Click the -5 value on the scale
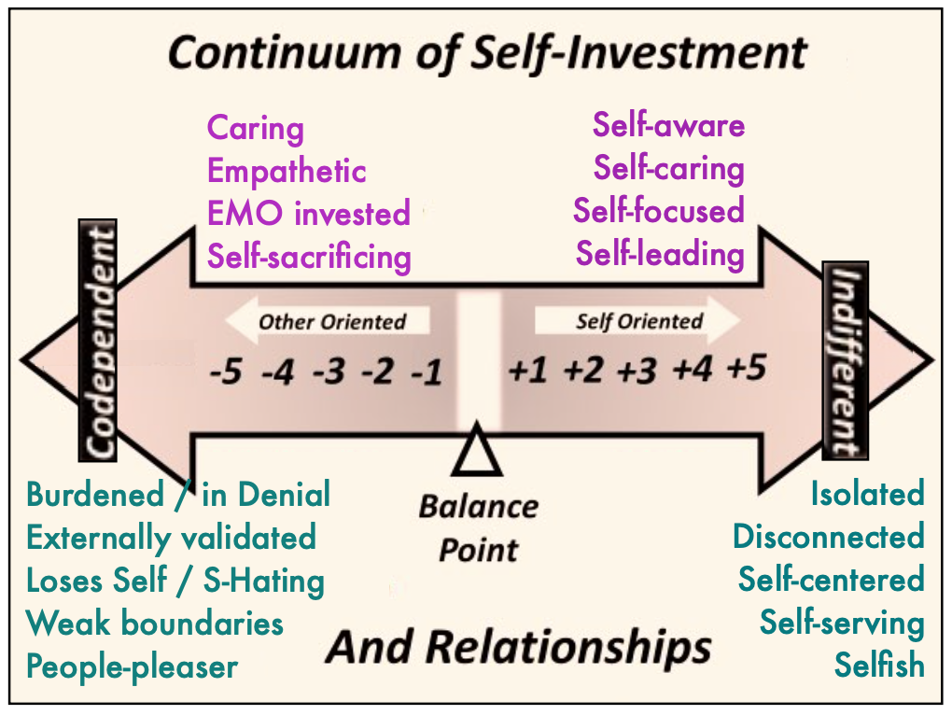[x=227, y=373]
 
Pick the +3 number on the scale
[x=637, y=372]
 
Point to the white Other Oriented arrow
[x=327, y=322]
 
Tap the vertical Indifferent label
[x=846, y=360]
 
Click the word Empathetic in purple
[x=287, y=171]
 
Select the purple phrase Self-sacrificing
[x=309, y=256]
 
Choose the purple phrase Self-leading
[x=660, y=253]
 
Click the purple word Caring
[x=255, y=128]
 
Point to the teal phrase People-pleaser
[x=132, y=666]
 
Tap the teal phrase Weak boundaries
[x=154, y=623]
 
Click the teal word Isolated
[x=867, y=493]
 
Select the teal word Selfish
[x=879, y=666]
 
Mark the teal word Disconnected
[x=828, y=537]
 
